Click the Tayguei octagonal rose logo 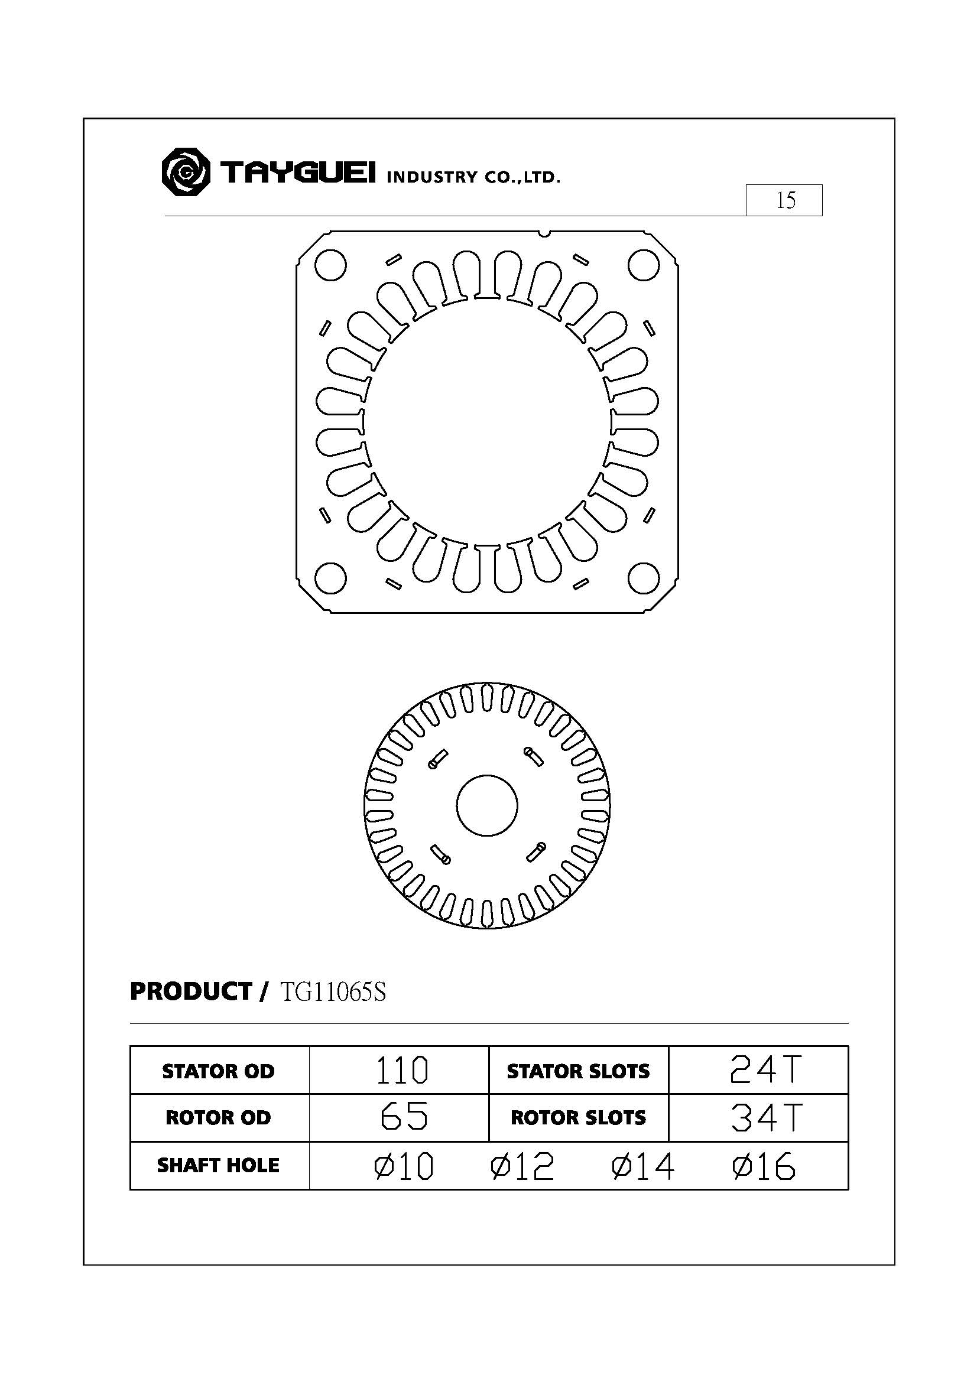(x=186, y=171)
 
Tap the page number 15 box (x=784, y=200)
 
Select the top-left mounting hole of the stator (x=330, y=265)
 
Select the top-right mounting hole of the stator (x=644, y=265)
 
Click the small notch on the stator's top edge (x=544, y=232)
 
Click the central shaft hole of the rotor (x=486, y=805)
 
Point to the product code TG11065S (x=332, y=992)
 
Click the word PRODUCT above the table (x=191, y=991)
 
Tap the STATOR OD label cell (x=219, y=1071)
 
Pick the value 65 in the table (x=404, y=1118)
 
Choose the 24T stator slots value (x=764, y=1071)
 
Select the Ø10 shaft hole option (x=403, y=1166)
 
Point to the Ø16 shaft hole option (x=763, y=1166)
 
